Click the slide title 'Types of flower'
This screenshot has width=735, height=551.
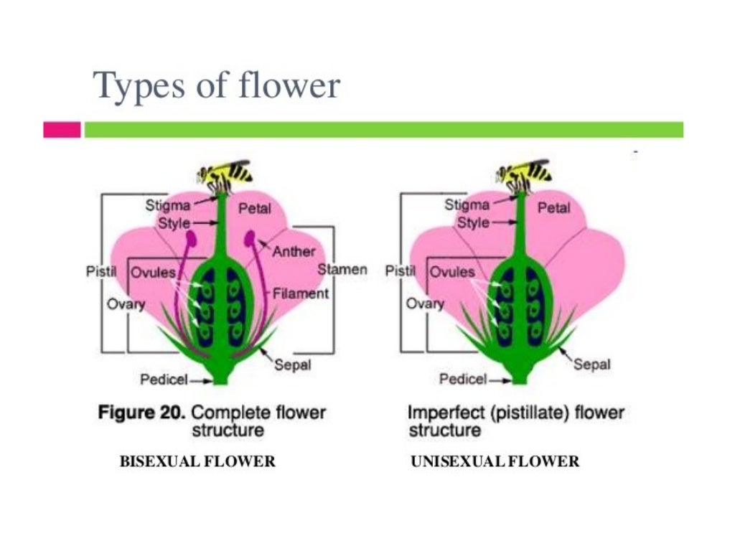pyautogui.click(x=217, y=86)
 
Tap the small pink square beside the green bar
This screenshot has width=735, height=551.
pyautogui.click(x=62, y=130)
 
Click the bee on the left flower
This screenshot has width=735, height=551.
pyautogui.click(x=225, y=173)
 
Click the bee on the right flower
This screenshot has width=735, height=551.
pyautogui.click(x=523, y=173)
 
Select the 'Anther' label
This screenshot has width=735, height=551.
pyautogui.click(x=294, y=251)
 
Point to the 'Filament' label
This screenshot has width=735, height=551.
pyautogui.click(x=301, y=293)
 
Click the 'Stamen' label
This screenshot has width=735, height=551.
pyautogui.click(x=342, y=270)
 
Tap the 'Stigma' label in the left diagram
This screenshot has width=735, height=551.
pyautogui.click(x=169, y=205)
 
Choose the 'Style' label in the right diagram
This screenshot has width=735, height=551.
pyautogui.click(x=473, y=222)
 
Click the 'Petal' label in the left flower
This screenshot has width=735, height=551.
pyautogui.click(x=255, y=208)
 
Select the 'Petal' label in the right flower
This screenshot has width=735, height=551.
pyautogui.click(x=553, y=207)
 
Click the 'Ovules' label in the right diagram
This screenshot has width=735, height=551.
pyautogui.click(x=452, y=273)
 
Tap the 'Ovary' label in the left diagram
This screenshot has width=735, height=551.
pyautogui.click(x=126, y=303)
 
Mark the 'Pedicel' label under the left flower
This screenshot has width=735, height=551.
pyautogui.click(x=164, y=379)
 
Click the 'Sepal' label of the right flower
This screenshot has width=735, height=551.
pyautogui.click(x=592, y=364)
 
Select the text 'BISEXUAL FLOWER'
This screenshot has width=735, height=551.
pyautogui.click(x=197, y=461)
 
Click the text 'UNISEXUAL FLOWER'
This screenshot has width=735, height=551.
pyautogui.click(x=495, y=461)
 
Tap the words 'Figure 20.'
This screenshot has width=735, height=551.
pyautogui.click(x=141, y=413)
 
